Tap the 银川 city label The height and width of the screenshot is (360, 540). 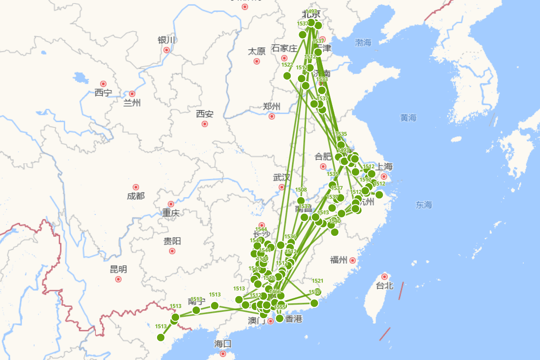166,40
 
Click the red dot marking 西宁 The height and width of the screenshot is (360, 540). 103,84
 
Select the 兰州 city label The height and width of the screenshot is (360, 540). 132,103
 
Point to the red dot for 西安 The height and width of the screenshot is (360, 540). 205,124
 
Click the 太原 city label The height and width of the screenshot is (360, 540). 256,51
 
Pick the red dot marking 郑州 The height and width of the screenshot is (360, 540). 272,116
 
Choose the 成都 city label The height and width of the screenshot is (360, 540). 135,196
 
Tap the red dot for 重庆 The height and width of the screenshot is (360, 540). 171,204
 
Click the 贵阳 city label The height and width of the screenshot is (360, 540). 172,241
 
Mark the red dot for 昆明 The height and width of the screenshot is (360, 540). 118,279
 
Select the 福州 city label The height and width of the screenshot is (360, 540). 338,260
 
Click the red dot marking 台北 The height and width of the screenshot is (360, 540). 384,276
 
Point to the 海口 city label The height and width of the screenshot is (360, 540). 222,344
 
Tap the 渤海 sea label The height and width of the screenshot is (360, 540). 363,43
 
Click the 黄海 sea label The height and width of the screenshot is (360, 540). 409,118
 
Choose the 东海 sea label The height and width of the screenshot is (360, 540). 424,205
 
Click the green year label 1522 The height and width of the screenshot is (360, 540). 287,65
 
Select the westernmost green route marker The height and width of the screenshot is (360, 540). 161,337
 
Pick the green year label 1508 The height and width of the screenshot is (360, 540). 301,190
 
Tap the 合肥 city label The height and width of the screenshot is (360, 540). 323,157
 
